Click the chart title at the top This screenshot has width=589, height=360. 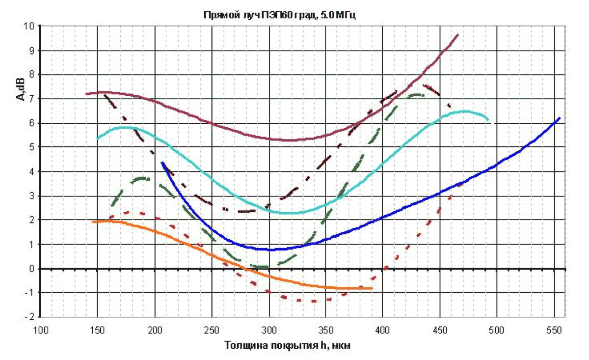click(279, 15)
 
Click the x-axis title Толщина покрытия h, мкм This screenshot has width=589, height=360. click(287, 345)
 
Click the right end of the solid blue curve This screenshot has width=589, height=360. click(560, 118)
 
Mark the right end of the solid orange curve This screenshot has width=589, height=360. click(372, 288)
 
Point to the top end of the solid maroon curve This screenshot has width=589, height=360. click(458, 35)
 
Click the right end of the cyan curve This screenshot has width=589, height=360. click(488, 120)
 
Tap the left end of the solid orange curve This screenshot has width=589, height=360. click(92, 222)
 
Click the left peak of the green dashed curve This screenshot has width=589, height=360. click(142, 178)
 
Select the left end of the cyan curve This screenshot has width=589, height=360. click(97, 139)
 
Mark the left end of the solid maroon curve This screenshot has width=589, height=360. click(86, 93)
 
